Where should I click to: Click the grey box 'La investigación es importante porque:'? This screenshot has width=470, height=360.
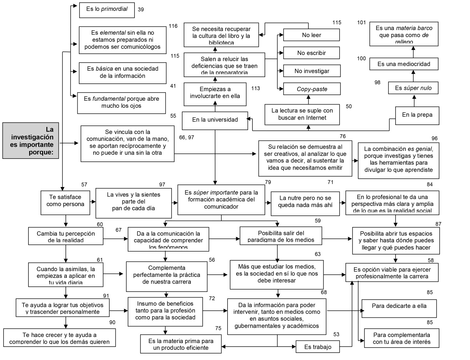click(x=31, y=140)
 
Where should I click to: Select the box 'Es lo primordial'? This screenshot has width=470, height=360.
click(x=107, y=10)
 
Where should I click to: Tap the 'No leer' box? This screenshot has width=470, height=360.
click(x=311, y=35)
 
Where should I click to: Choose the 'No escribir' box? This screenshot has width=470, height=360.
click(x=311, y=53)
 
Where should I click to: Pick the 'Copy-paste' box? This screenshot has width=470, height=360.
click(x=312, y=89)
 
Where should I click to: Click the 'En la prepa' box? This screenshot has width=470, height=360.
click(x=417, y=115)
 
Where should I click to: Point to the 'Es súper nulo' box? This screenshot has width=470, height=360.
click(x=413, y=88)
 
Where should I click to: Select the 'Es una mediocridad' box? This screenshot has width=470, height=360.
click(x=404, y=64)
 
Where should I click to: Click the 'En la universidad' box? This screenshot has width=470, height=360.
click(x=215, y=120)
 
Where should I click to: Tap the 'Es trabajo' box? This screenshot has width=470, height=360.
click(x=317, y=347)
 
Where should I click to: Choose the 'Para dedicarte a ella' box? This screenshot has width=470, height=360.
click(x=399, y=308)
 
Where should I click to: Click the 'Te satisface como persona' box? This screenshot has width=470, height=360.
click(x=65, y=203)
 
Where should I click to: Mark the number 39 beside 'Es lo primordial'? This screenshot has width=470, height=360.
click(x=141, y=10)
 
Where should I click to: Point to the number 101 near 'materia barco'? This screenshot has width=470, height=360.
click(x=361, y=22)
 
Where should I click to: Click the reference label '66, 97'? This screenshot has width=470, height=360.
click(x=187, y=137)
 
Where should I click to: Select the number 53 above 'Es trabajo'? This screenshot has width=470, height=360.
click(x=336, y=334)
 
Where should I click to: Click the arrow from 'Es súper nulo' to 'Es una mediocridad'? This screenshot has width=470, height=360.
click(x=413, y=76)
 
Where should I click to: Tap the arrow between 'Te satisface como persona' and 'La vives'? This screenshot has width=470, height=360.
click(x=93, y=202)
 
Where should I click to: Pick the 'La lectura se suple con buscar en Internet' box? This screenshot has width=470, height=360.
click(x=302, y=114)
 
